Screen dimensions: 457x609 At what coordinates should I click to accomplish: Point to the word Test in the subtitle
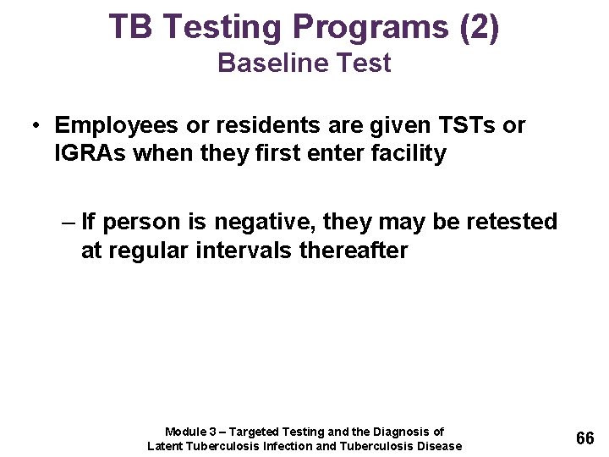363,63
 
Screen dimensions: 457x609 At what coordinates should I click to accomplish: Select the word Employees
115,126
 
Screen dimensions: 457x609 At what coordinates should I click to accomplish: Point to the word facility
409,155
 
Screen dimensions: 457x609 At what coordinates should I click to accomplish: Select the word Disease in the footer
439,446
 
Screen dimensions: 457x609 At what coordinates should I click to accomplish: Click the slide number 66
584,438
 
